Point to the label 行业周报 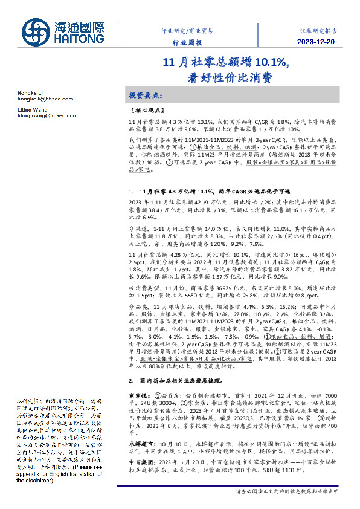(185, 42)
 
